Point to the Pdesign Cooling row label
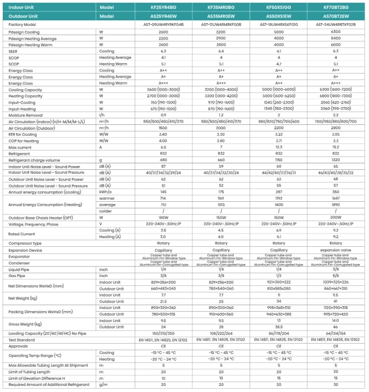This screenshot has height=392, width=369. point(24,32)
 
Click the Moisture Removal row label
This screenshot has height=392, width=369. point(25,114)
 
